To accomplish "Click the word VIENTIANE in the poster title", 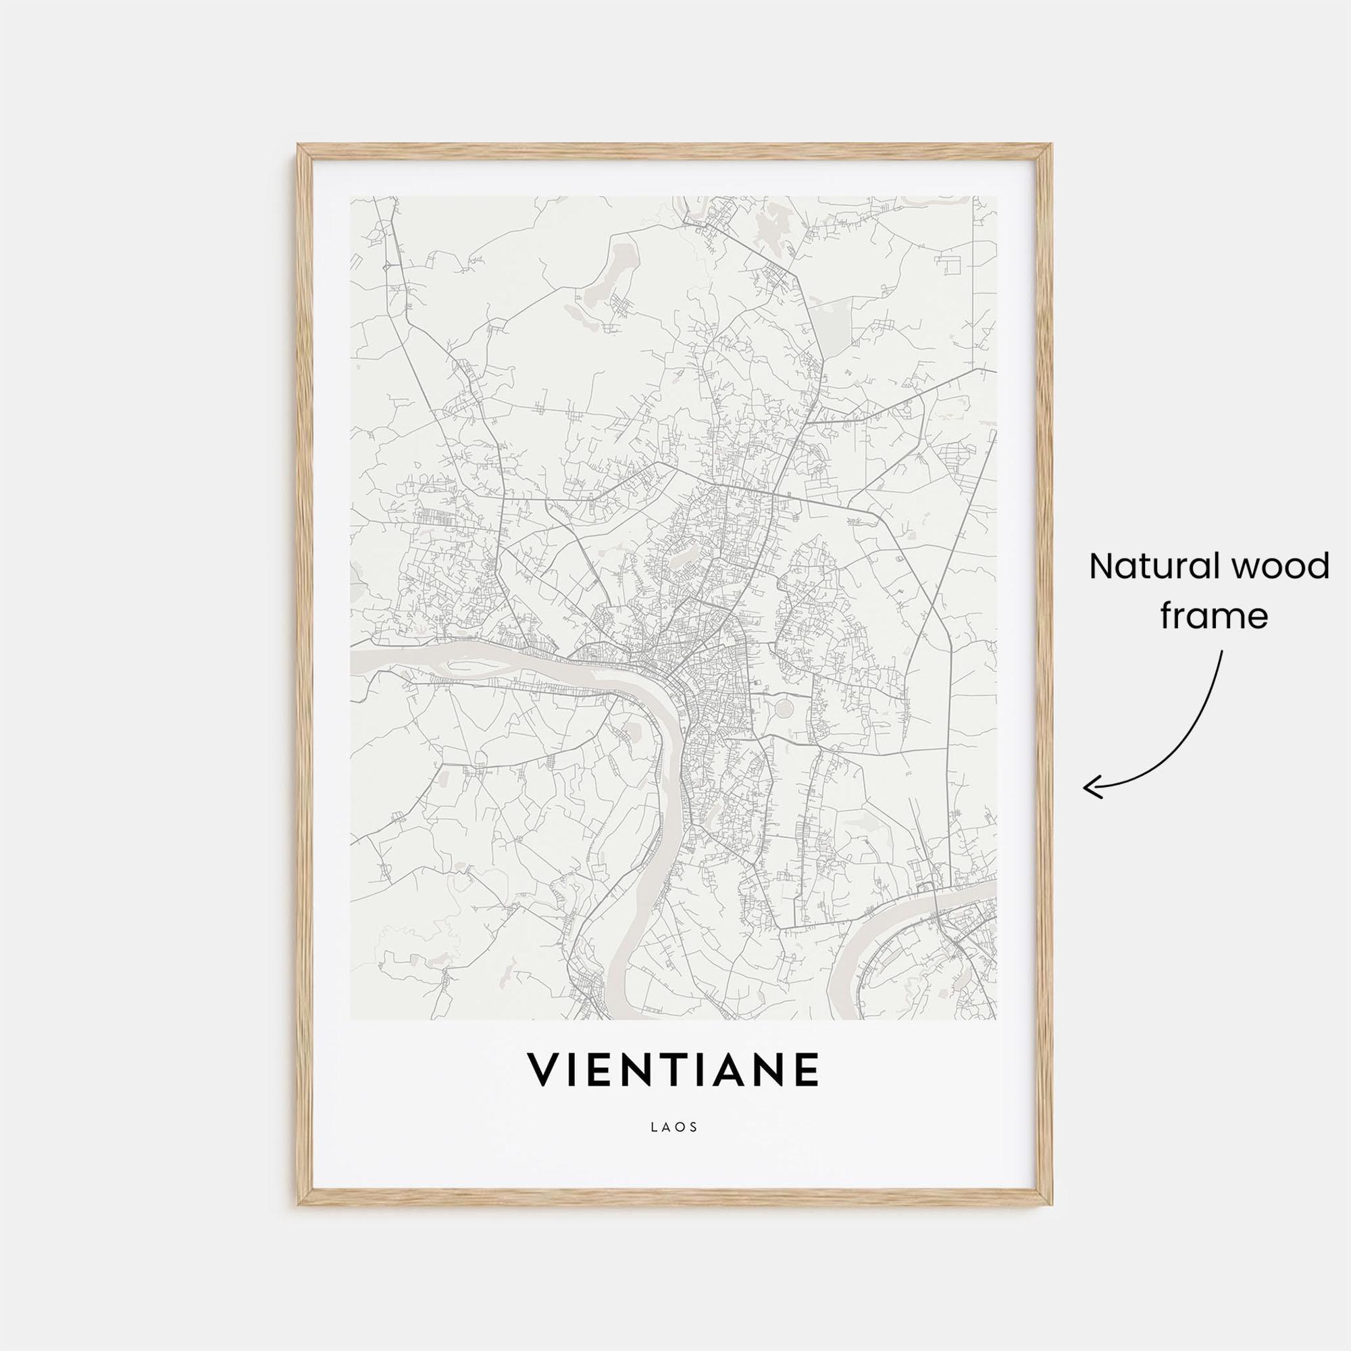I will point(673,1090).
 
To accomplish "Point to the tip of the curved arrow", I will point(1086,789).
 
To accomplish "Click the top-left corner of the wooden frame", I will point(299,145).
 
